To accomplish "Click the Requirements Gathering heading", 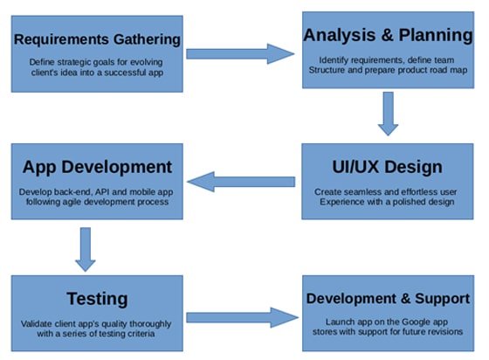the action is tap(97, 39).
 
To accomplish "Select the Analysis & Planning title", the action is tap(388, 35).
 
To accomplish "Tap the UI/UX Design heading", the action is tap(388, 167).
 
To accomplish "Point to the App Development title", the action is tap(97, 167).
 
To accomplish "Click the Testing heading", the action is tap(97, 299).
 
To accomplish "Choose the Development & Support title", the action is tap(388, 299).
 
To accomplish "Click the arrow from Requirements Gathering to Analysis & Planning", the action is tap(240, 54).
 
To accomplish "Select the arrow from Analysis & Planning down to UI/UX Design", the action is tap(388, 114).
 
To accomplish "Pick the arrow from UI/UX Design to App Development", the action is tap(241, 182).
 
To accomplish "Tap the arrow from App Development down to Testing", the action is tap(86, 249).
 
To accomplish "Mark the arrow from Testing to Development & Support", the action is tap(243, 317).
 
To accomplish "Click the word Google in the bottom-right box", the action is tap(416, 322).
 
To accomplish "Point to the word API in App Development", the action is tap(102, 191).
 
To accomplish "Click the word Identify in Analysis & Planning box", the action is tap(333, 60).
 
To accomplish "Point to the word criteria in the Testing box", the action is tap(142, 334).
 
